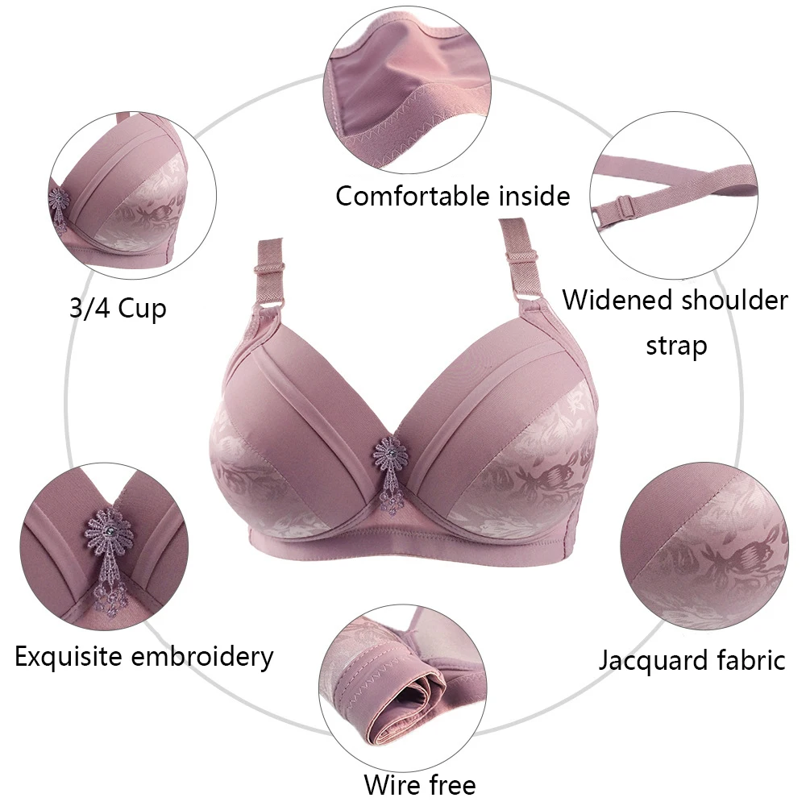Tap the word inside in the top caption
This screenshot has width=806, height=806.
coord(534,196)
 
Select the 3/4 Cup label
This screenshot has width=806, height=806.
coord(118,309)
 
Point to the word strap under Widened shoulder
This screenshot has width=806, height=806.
coord(675,346)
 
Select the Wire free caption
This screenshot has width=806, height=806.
coord(420,784)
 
